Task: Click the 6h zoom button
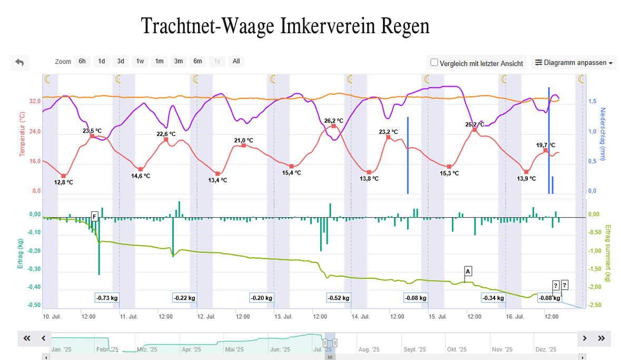(x=82, y=61)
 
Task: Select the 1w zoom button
(x=140, y=61)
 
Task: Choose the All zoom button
(x=236, y=61)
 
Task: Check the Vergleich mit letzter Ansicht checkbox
(x=435, y=63)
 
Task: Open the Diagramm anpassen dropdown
(x=573, y=63)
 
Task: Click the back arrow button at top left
(x=19, y=63)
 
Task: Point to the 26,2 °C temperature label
(x=333, y=120)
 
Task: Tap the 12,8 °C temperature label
(x=64, y=182)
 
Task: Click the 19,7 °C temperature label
(x=546, y=145)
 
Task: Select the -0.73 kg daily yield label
(x=107, y=298)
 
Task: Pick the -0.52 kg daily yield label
(x=339, y=298)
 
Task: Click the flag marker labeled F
(x=94, y=216)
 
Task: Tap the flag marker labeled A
(x=468, y=271)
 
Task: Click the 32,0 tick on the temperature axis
(x=35, y=101)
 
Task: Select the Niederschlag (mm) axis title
(x=603, y=134)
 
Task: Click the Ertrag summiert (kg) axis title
(x=607, y=253)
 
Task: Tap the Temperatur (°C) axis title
(x=22, y=134)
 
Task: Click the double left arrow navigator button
(x=27, y=338)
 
